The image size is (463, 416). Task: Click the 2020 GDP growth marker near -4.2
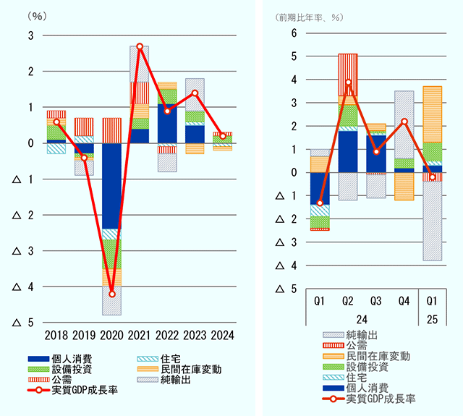[111, 294]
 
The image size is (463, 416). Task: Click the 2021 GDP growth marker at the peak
[140, 46]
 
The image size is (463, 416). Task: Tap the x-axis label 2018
[56, 335]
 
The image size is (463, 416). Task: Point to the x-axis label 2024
[222, 335]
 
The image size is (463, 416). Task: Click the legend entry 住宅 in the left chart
[171, 359]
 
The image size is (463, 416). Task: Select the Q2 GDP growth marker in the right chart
[349, 82]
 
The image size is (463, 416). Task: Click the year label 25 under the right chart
[432, 318]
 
